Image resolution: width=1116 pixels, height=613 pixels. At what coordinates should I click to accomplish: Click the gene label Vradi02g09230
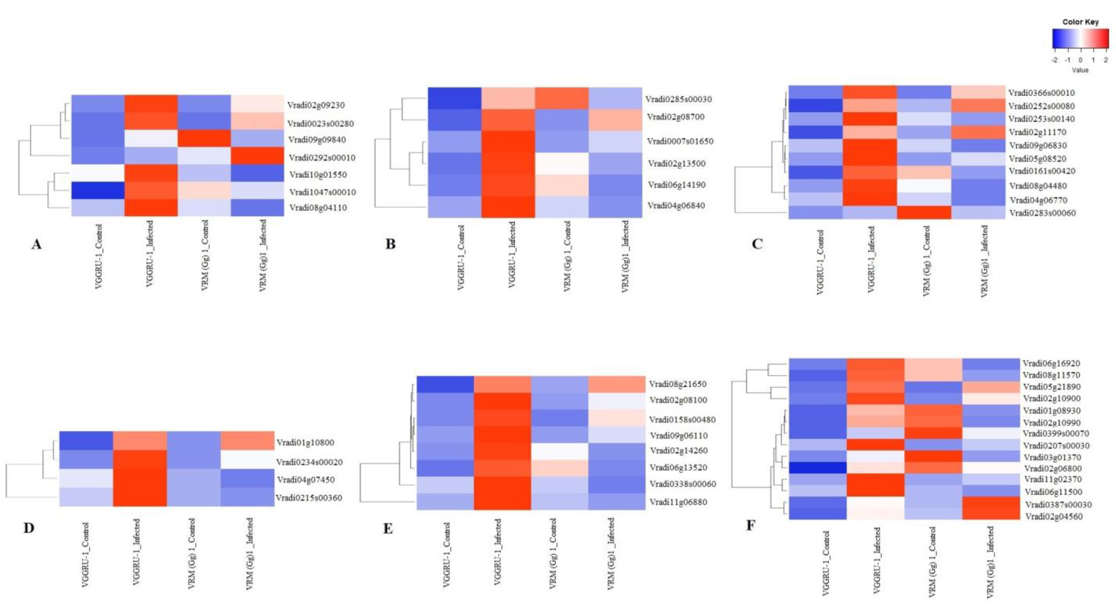pos(316,105)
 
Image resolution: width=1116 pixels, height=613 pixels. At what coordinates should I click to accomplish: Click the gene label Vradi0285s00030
pos(678,99)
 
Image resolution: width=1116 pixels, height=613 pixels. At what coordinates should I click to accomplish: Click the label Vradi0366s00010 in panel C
pos(1041,93)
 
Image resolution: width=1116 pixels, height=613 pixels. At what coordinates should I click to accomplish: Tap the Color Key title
pos(1080,22)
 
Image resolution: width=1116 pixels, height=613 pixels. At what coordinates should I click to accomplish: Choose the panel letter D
pos(29,528)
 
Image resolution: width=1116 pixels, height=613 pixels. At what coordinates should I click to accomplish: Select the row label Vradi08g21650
pos(678,384)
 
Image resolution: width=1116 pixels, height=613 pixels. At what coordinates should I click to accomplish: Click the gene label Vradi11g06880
pos(678,502)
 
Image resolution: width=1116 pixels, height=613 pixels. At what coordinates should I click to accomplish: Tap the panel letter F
pos(750,525)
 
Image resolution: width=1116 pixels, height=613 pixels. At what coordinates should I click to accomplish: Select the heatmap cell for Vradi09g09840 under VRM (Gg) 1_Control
pos(204,139)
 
